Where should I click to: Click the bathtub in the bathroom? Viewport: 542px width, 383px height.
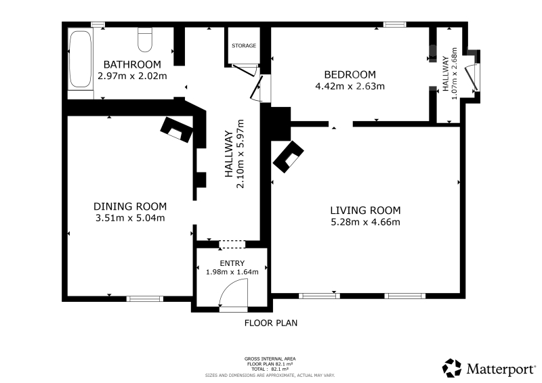click(x=80, y=59)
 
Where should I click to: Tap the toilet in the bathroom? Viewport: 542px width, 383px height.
click(x=145, y=40)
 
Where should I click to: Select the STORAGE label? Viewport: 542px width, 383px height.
click(x=244, y=45)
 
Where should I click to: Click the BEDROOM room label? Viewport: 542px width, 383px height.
click(x=350, y=74)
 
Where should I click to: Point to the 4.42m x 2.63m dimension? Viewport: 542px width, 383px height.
click(x=350, y=86)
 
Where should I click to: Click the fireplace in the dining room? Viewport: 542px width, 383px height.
click(x=176, y=130)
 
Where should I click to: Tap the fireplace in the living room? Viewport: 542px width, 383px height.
click(x=289, y=156)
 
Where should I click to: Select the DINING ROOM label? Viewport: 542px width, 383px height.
click(x=130, y=206)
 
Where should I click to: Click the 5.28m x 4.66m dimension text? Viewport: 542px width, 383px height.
click(x=365, y=222)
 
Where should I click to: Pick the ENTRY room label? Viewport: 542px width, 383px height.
click(x=232, y=263)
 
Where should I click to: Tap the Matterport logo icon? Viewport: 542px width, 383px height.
click(x=452, y=368)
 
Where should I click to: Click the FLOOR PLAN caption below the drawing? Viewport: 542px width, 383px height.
click(x=270, y=323)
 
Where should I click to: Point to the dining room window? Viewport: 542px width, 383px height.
click(x=144, y=298)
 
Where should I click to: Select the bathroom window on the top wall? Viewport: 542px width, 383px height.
click(x=98, y=24)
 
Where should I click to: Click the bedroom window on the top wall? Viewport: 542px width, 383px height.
click(x=394, y=24)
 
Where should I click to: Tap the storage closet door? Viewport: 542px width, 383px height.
click(x=244, y=70)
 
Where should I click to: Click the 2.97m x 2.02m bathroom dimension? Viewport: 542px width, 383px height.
click(x=132, y=76)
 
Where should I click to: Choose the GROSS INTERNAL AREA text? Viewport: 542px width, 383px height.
click(x=270, y=359)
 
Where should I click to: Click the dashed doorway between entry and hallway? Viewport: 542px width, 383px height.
click(x=232, y=244)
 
